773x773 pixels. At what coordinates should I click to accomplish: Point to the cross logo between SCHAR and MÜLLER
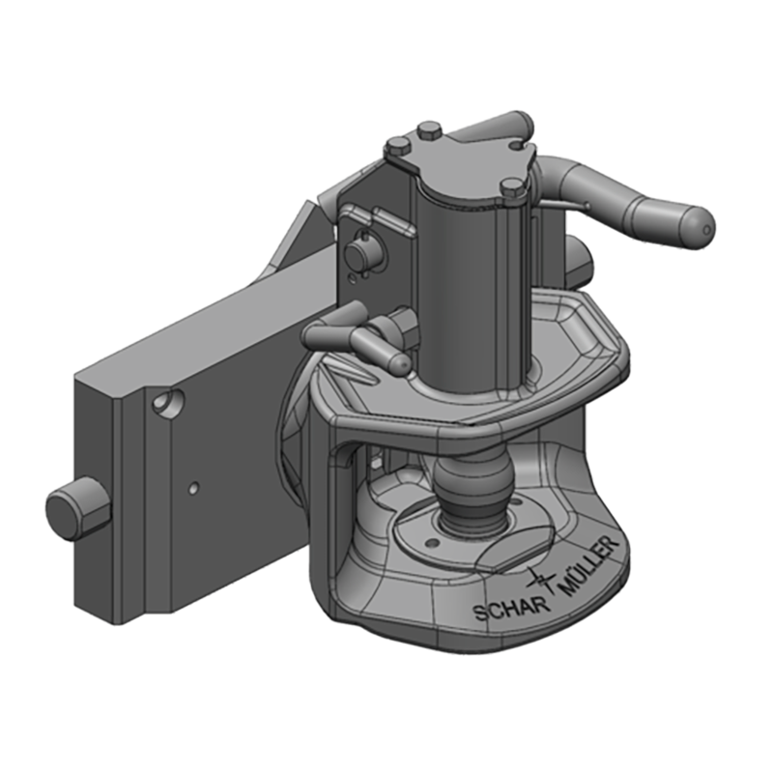click(544, 580)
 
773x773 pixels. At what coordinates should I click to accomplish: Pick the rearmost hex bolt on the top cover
click(430, 129)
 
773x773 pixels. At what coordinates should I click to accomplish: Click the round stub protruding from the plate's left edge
click(72, 508)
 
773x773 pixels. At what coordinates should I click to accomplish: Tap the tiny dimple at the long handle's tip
click(706, 230)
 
